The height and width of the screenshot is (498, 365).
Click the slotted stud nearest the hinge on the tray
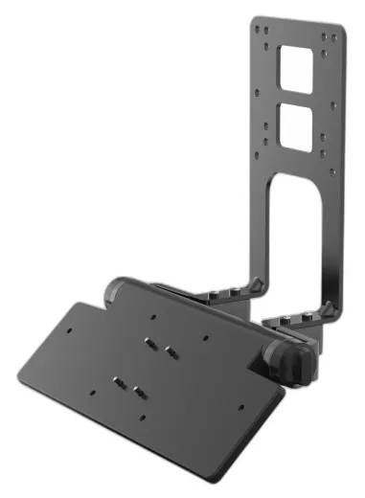pyautogui.click(x=149, y=341)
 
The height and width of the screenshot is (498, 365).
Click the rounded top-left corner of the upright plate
pyautogui.click(x=258, y=21)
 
